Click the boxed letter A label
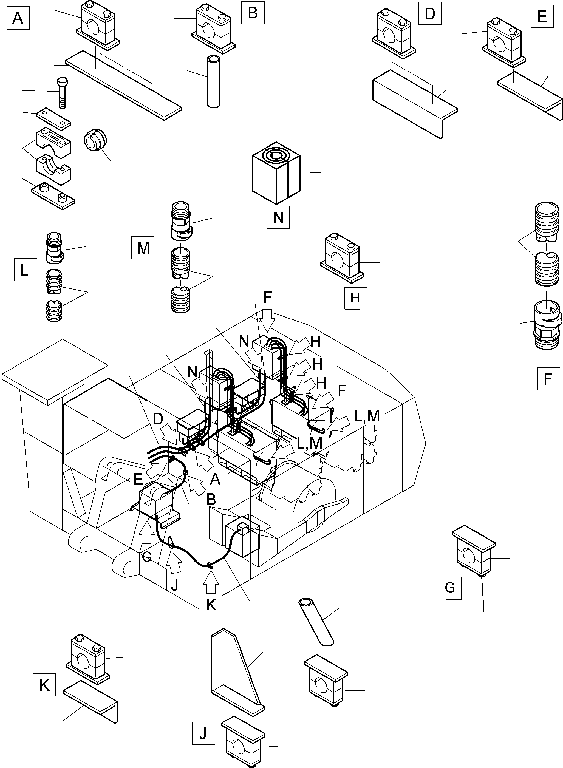[x=18, y=18]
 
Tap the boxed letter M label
[x=143, y=248]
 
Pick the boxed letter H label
[x=355, y=298]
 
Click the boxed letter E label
[x=542, y=16]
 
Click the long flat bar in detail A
[x=123, y=85]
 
